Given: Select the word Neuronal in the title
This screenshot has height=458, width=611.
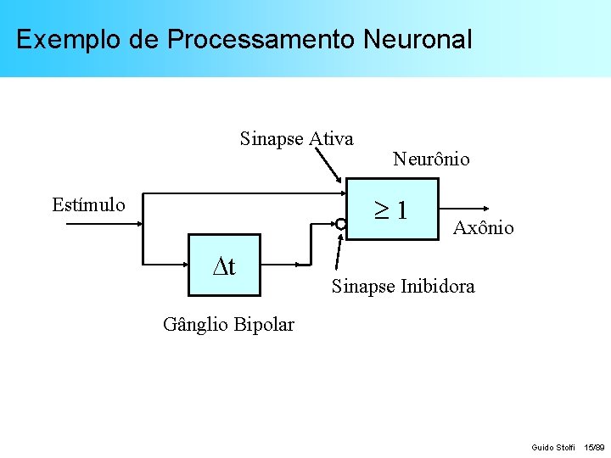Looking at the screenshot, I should click(417, 40).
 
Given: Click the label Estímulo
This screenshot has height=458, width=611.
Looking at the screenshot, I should click(88, 204).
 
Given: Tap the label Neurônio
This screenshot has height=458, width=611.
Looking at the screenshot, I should click(431, 159).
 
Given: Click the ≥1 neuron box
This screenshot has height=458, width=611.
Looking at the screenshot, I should click(394, 209).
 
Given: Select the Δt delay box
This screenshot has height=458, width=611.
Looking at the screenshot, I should click(224, 266).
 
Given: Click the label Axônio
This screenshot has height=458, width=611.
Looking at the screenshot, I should click(484, 227).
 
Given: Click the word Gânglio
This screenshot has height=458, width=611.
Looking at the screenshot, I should click(194, 324).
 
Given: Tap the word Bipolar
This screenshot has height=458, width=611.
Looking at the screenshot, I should click(263, 324).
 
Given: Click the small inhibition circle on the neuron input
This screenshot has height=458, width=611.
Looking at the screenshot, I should click(341, 225).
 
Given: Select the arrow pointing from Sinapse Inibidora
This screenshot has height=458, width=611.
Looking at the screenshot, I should click(339, 253).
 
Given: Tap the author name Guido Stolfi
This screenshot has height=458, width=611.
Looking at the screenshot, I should click(552, 446).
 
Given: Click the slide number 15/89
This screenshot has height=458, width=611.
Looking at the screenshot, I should click(594, 446).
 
